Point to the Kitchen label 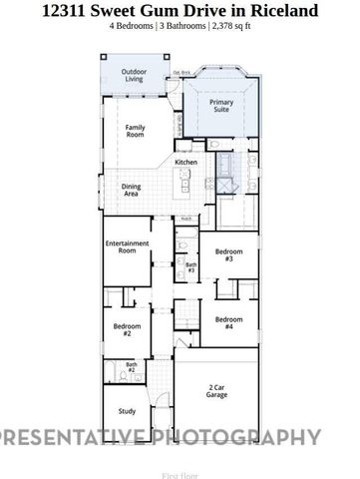point(186,162)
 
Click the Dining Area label point(132,190)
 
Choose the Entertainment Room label point(127,247)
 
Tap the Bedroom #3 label point(228,255)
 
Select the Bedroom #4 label point(228,322)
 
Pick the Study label point(127,410)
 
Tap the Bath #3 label point(189,267)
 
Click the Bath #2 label point(131,366)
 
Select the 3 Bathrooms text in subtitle point(182,27)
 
